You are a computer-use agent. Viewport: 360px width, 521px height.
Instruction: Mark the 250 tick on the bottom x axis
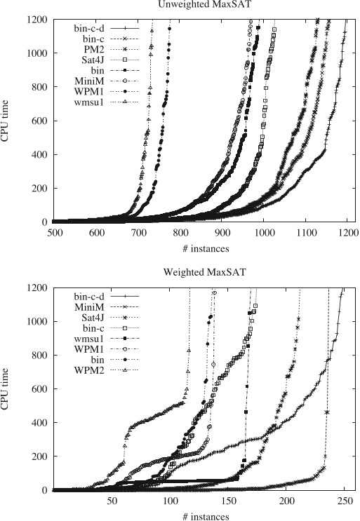[345, 501]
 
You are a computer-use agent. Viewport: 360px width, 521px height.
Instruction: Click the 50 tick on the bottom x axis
[112, 501]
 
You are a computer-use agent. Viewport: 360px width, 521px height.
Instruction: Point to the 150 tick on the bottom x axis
[229, 501]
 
